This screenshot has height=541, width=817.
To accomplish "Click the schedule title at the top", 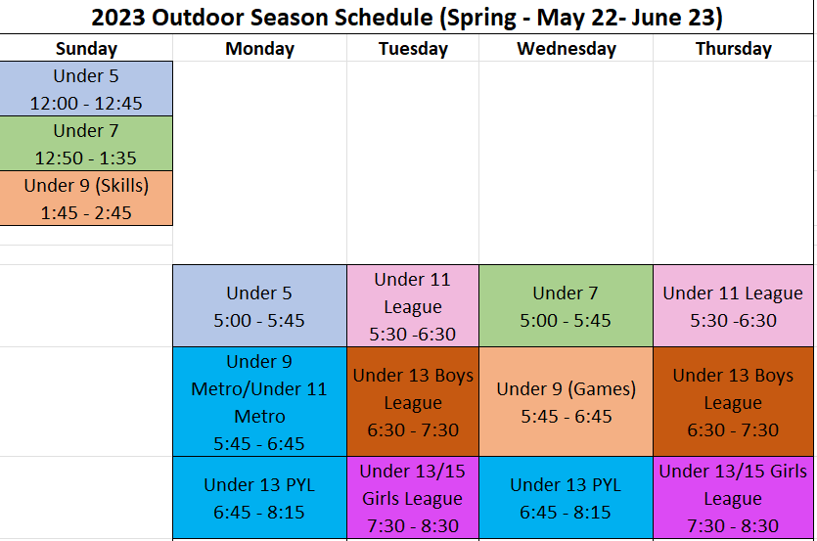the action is click(x=406, y=18).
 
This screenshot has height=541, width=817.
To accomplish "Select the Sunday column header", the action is click(x=86, y=49).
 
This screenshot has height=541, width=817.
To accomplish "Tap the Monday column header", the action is click(x=259, y=49).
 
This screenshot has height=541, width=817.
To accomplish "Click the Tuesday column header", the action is click(x=413, y=49).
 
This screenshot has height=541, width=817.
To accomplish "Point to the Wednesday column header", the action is click(x=566, y=49).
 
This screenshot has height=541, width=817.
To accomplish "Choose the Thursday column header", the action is click(x=733, y=49).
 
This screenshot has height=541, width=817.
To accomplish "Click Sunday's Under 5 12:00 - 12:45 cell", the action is click(x=86, y=89).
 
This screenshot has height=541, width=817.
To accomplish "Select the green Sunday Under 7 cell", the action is click(x=86, y=144).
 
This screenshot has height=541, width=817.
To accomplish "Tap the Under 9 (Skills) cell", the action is click(x=86, y=198).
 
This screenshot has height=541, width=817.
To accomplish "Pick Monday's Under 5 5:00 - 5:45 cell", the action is click(x=259, y=306).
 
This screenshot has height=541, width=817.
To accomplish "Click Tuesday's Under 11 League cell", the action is click(x=413, y=306).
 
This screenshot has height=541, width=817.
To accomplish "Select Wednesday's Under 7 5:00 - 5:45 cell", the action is click(x=566, y=306).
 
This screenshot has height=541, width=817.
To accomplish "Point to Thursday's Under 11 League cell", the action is click(x=733, y=306).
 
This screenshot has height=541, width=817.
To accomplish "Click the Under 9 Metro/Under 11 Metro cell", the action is click(x=259, y=402).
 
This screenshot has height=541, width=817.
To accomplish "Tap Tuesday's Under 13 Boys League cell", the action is click(x=413, y=402).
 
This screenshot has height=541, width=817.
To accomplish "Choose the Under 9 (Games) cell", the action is click(x=566, y=402).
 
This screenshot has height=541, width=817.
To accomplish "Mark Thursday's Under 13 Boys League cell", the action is click(x=733, y=402).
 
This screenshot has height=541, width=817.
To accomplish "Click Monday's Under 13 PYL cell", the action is click(x=259, y=498).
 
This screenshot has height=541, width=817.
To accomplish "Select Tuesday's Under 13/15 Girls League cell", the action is click(x=413, y=498).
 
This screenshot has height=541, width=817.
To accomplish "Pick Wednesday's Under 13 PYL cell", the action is click(x=566, y=498).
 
